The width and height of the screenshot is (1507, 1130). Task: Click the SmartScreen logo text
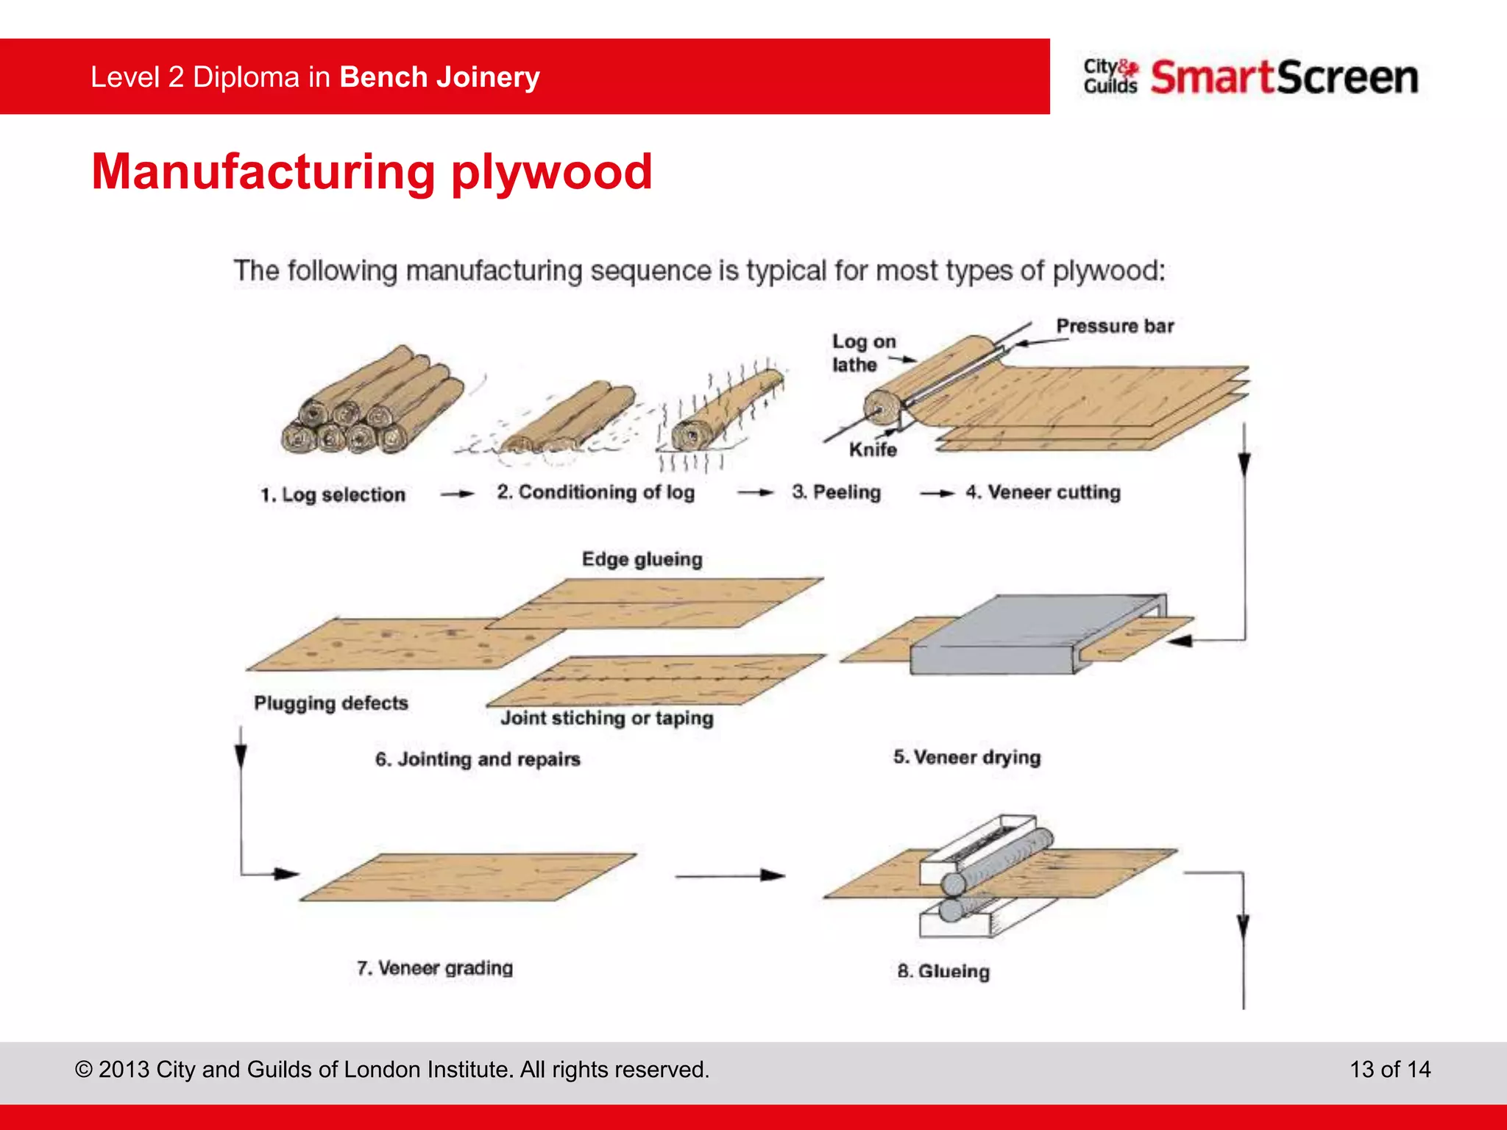[x=1284, y=77]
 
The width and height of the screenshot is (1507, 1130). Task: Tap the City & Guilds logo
[x=1110, y=77]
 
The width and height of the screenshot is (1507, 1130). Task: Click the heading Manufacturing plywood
[x=372, y=171]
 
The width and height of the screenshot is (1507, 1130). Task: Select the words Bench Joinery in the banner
[x=439, y=77]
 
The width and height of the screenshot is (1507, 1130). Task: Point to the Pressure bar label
[x=1114, y=326]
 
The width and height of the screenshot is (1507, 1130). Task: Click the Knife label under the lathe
[x=873, y=449]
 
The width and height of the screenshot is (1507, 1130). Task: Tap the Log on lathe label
[x=863, y=353]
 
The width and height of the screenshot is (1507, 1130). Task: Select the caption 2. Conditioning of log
[x=595, y=492]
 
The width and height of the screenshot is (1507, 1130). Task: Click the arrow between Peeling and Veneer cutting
[x=937, y=493]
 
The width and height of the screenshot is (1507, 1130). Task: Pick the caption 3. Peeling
[x=836, y=492]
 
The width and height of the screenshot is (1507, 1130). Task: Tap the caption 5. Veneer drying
[x=967, y=757]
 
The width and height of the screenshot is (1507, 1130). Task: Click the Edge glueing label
[x=642, y=559]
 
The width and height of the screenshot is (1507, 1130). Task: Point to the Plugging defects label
[x=330, y=703]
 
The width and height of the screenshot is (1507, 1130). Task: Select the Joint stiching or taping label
[x=606, y=718]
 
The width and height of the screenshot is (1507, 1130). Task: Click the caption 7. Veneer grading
[x=434, y=968]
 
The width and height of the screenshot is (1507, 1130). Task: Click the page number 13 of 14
[x=1389, y=1069]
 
